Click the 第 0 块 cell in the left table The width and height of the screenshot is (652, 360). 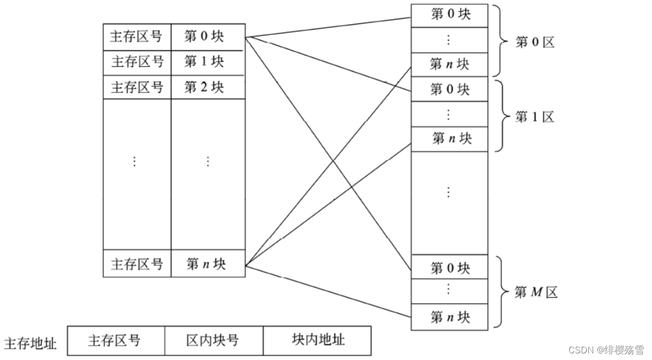coord(207,37)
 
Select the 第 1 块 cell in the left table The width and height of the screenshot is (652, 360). coord(207,62)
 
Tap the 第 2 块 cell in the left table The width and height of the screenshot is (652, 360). coord(207,87)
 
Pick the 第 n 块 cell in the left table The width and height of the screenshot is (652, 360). coord(207,264)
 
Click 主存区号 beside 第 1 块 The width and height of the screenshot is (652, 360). coord(137,62)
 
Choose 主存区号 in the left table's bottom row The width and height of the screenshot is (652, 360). coord(137,264)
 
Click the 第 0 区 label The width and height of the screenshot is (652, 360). coord(534,42)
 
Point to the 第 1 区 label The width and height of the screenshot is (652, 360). coord(534,117)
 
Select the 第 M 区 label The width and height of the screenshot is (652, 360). coord(535,293)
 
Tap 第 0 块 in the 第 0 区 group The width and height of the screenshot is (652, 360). coord(450,15)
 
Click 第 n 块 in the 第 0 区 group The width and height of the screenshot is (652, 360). coord(450,64)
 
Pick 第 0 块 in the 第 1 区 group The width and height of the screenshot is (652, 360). coord(450,89)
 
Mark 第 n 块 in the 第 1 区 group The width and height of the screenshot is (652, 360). coord(450,138)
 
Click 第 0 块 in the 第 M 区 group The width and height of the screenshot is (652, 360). coord(450,269)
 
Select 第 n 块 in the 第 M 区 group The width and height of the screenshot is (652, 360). coord(450,317)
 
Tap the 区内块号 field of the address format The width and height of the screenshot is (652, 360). coord(213,340)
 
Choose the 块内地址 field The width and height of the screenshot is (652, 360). coord(317,340)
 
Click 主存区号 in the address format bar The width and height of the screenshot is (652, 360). coord(115,340)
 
